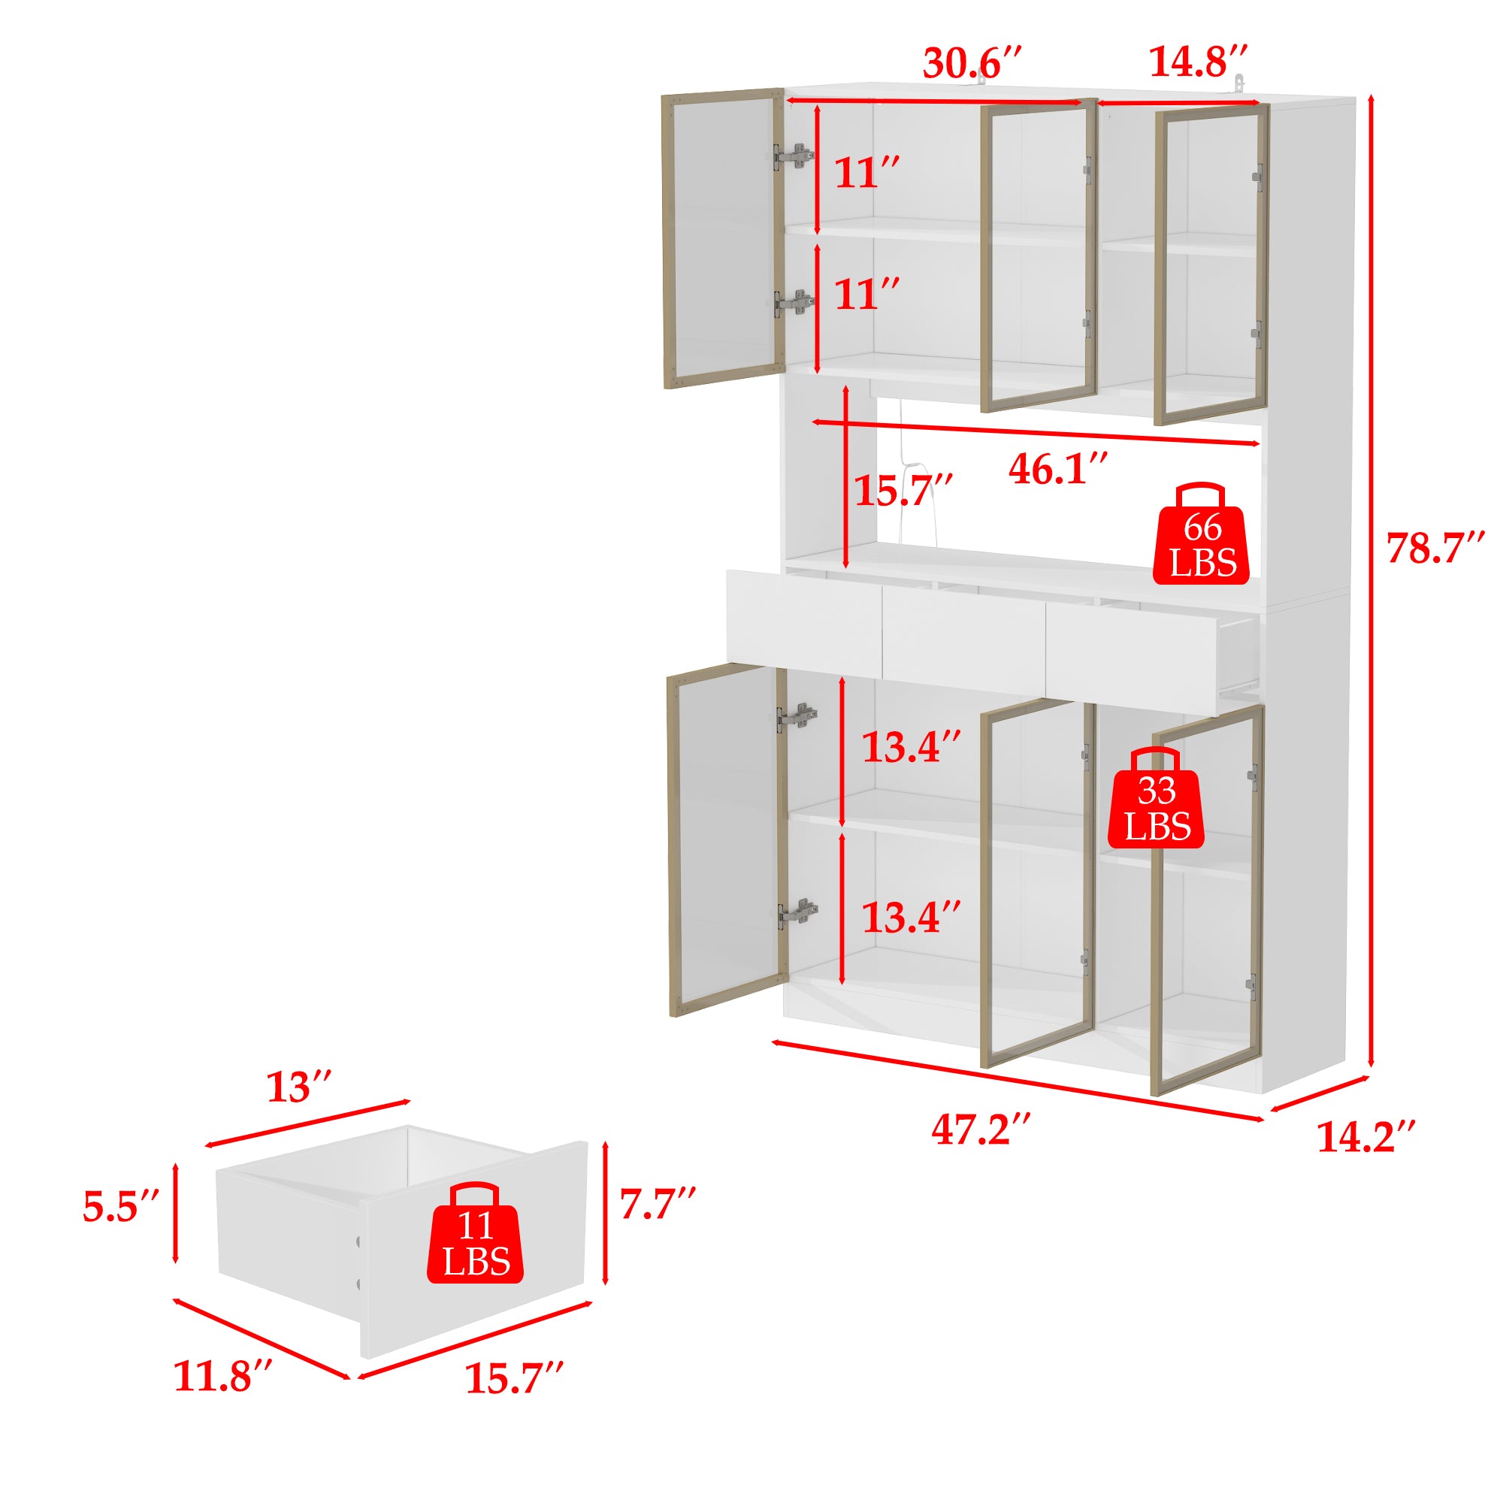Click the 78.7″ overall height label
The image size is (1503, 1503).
[1436, 548]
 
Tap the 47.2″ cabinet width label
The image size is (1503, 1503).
[981, 1129]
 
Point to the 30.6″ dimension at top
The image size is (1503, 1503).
[972, 62]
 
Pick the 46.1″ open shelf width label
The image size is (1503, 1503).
[1058, 468]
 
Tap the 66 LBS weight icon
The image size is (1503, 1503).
[1202, 534]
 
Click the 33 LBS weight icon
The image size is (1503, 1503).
[1157, 798]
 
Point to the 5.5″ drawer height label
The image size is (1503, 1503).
[121, 1207]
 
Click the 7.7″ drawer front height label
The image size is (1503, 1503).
[658, 1203]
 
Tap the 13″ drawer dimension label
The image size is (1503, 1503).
[301, 1087]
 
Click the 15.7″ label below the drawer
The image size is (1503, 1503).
[514, 1399]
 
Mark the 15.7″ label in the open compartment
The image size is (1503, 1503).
[903, 490]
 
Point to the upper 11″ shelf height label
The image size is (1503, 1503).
[867, 173]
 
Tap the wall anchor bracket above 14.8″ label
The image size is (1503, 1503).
[1239, 83]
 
